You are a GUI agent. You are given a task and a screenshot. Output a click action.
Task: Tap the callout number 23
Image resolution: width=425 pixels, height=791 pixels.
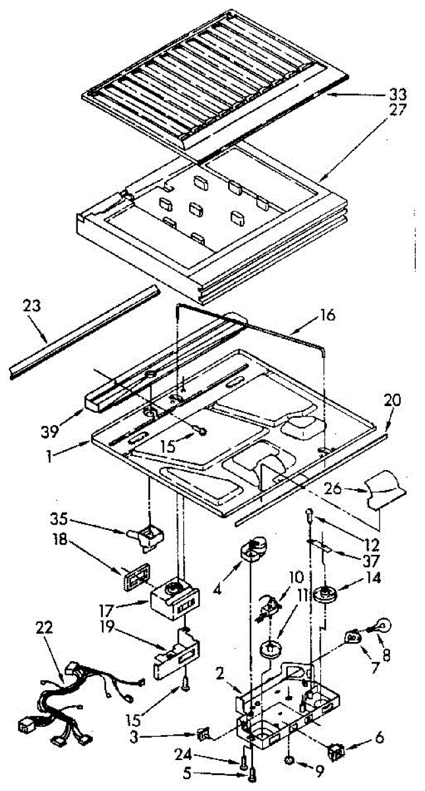[31, 307]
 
